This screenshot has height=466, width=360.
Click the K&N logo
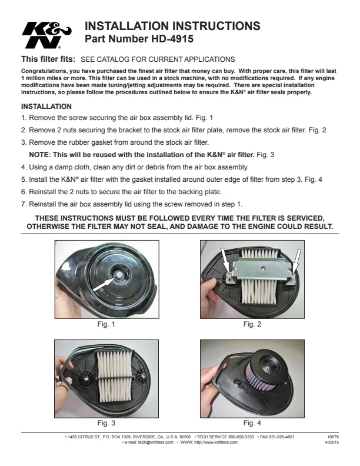(x=46, y=35)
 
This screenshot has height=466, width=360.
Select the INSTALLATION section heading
(x=46, y=106)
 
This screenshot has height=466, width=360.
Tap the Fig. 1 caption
(x=106, y=324)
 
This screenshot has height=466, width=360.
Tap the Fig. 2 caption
(x=252, y=324)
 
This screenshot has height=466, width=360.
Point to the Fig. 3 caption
(x=106, y=423)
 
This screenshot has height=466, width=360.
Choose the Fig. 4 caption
(x=252, y=423)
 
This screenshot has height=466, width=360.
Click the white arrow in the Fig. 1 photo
(x=104, y=284)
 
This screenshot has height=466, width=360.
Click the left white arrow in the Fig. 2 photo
(x=225, y=258)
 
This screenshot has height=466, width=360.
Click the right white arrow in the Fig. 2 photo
(x=296, y=260)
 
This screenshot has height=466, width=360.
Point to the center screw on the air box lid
(x=119, y=275)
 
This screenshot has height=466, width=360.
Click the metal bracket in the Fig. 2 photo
(x=261, y=269)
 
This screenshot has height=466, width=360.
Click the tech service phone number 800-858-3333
(x=241, y=437)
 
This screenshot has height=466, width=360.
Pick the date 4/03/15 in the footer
(x=332, y=442)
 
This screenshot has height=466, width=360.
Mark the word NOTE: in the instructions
(x=40, y=155)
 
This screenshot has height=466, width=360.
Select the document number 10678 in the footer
(x=333, y=437)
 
